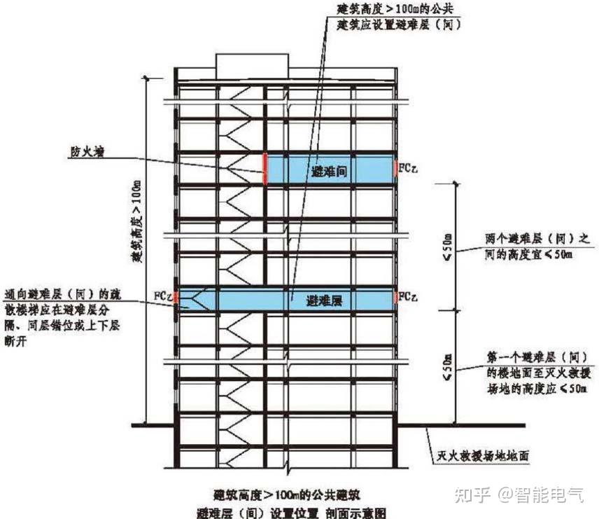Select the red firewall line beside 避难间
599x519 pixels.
pyautogui.click(x=265, y=169)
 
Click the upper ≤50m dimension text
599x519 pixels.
pyautogui.click(x=449, y=246)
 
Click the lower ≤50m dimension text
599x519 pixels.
pyautogui.click(x=449, y=365)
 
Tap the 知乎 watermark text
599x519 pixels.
pyautogui.click(x=470, y=494)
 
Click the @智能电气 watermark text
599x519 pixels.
pyautogui.click(x=540, y=494)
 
